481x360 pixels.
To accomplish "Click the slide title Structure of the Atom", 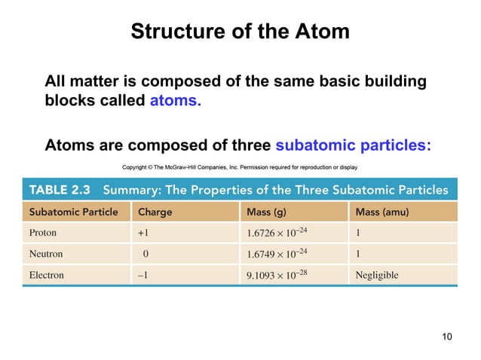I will coord(240,32).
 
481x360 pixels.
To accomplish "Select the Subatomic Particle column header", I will coord(74,212).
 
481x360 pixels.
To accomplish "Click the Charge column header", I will coord(155,212).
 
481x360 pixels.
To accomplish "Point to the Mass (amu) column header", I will coord(382,212).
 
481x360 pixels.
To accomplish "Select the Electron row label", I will coord(47,275).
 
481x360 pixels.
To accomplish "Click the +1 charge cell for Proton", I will coord(142,233).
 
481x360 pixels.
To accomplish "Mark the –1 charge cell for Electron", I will coord(142,275).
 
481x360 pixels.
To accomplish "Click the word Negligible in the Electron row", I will coord(377,275).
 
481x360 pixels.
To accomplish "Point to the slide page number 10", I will coord(447,336).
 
